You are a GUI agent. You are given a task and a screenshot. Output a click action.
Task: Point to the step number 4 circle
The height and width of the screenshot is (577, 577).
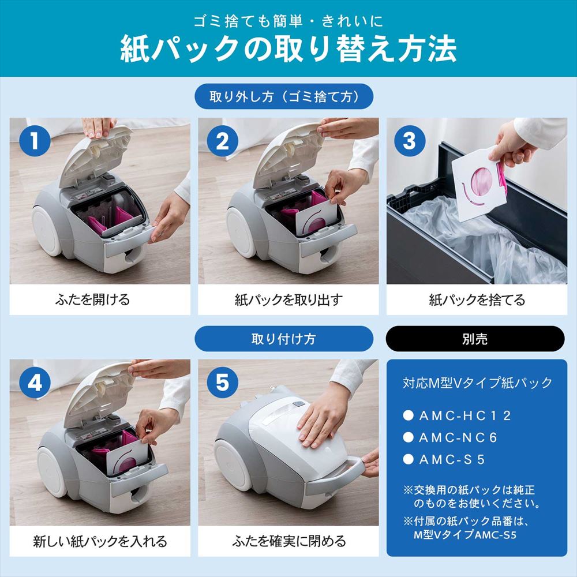pos(35,383)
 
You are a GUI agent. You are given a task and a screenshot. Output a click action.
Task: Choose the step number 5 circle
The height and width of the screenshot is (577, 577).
pos(222,383)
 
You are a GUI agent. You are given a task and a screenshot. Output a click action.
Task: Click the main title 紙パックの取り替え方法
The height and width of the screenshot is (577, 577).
pos(288,50)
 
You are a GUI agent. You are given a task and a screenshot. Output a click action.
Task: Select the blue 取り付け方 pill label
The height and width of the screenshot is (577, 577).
pos(283,339)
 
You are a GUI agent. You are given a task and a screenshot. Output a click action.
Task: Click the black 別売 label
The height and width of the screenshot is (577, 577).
pos(475,339)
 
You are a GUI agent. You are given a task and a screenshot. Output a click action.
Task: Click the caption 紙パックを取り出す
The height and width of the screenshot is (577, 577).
pos(288,300)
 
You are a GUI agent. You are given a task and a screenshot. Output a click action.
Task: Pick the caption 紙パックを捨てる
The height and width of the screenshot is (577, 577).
pos(477,300)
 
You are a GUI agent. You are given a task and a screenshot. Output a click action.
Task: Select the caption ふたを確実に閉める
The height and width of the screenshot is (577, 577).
pos(288,541)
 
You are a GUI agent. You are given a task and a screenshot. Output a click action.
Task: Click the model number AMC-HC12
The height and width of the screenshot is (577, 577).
pos(464,415)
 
